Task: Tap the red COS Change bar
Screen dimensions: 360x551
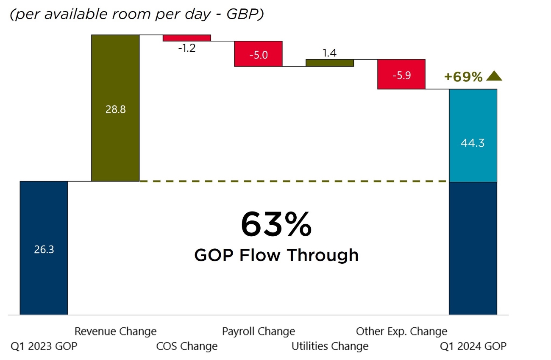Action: point(187,38)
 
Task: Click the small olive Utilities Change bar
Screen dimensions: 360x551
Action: point(330,63)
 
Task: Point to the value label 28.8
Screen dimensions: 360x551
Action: point(115,109)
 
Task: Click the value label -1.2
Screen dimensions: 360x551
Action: point(187,48)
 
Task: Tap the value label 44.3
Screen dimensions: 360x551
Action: point(473,143)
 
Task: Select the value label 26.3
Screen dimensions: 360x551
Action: point(44,249)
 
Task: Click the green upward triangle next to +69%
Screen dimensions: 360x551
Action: point(494,76)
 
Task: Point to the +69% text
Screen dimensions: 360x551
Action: point(463,77)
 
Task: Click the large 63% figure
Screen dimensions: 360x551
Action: point(276,225)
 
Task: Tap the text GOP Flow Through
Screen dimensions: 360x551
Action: point(276,255)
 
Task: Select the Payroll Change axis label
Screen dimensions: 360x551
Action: point(259,331)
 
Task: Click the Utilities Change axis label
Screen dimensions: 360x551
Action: point(330,346)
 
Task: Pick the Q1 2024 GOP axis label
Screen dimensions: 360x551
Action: point(473,346)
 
